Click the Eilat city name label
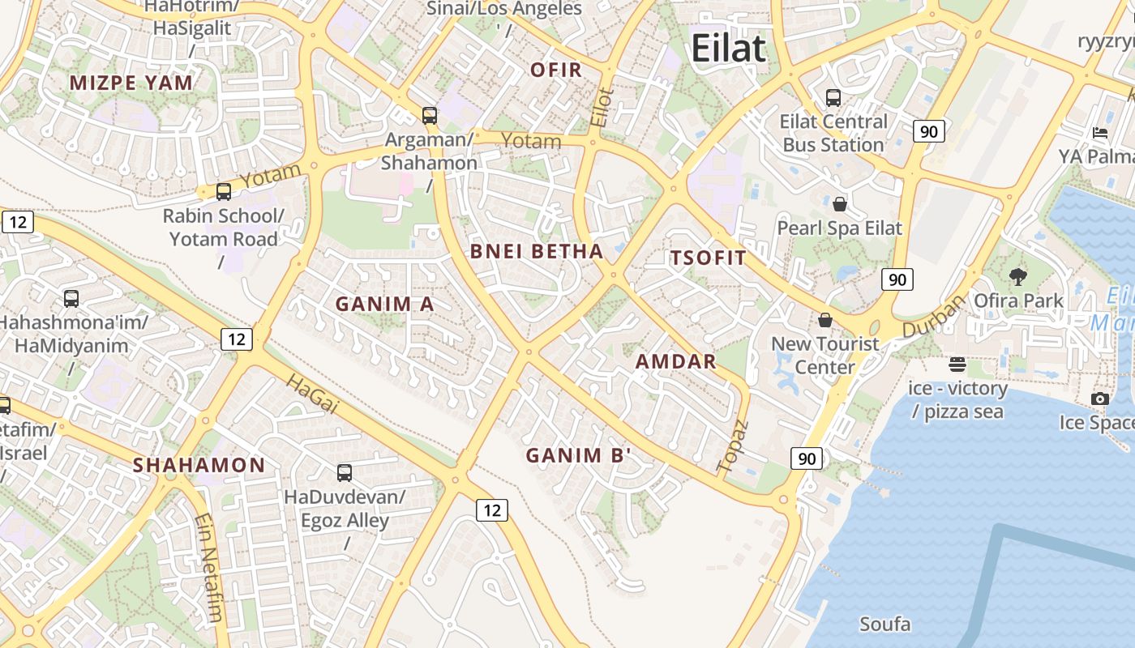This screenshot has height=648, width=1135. [x=728, y=49]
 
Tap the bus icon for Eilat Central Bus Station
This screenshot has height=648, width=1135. [x=833, y=98]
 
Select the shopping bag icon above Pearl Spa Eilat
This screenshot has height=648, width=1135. [x=840, y=203]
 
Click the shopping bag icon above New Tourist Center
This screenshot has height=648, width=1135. [x=825, y=320]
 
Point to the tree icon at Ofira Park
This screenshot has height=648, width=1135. [x=1018, y=277]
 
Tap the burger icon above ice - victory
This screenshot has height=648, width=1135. [x=957, y=364]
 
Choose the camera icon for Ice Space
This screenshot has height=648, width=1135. [x=1100, y=399]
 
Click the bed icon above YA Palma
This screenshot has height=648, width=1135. [x=1100, y=133]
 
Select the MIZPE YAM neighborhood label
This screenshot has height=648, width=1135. [x=131, y=83]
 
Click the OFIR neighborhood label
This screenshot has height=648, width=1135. [x=556, y=70]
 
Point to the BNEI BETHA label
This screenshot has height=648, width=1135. [x=537, y=251]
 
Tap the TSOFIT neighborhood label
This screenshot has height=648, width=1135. [x=708, y=258]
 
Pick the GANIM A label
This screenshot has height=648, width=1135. [x=385, y=304]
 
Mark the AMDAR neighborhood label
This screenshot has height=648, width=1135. [x=676, y=361]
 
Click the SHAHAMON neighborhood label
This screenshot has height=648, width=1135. [x=199, y=465]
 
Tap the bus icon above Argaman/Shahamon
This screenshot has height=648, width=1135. [x=430, y=116]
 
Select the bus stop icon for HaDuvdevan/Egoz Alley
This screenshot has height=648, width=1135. [x=345, y=472]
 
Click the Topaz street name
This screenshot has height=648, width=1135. [x=732, y=446]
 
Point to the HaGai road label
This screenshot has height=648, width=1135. [x=312, y=394]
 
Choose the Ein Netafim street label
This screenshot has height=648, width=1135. [x=208, y=567]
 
